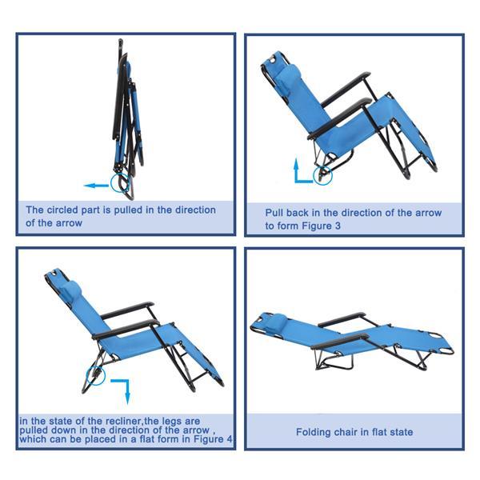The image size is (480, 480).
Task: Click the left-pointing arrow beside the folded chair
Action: tap(96, 185)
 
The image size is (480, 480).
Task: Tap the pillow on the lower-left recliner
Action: tap(71, 288)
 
